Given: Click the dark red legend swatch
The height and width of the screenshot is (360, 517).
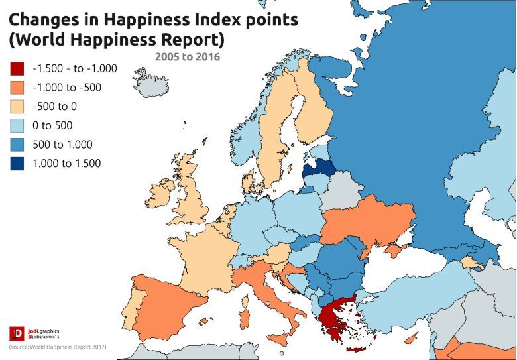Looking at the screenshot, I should (x=17, y=68).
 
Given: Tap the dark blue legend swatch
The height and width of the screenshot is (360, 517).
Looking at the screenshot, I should (x=17, y=163).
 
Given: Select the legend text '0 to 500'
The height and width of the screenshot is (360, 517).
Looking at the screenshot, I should (x=52, y=125).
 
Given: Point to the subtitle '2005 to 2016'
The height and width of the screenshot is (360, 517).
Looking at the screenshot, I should (x=188, y=57).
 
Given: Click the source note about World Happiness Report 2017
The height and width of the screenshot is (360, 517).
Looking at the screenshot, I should (x=58, y=347).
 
